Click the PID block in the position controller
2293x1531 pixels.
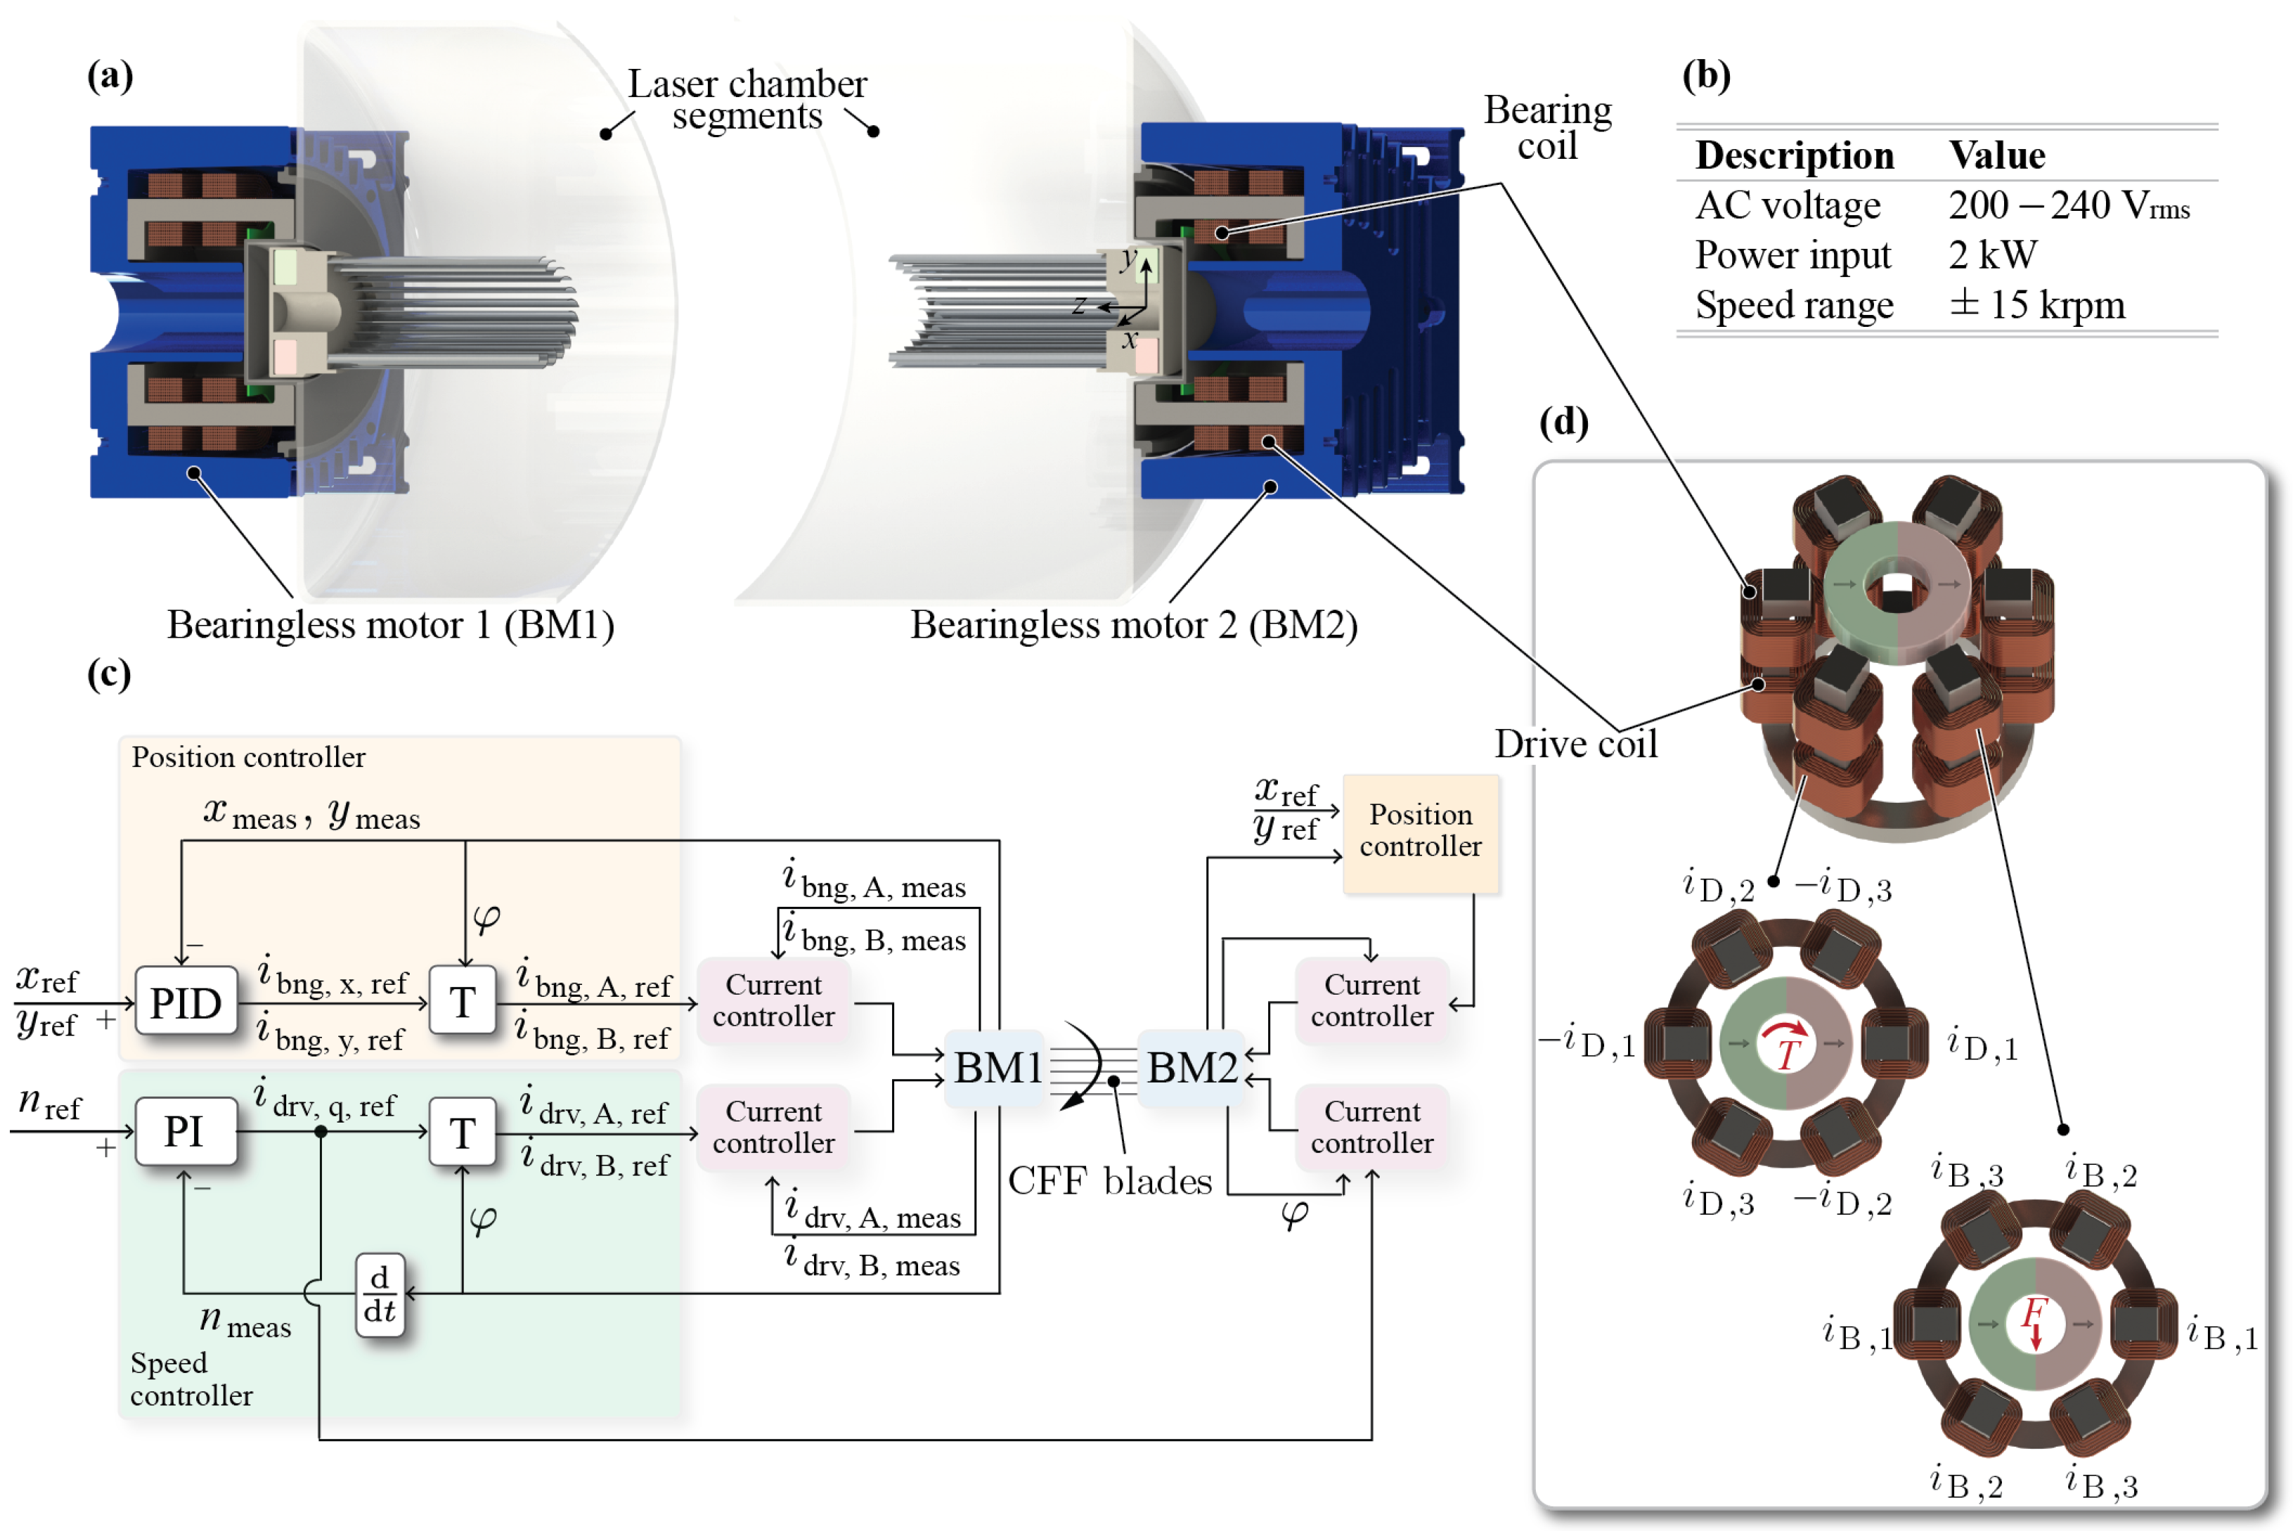coord(186,1002)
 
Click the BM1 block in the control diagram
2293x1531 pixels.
coord(995,1067)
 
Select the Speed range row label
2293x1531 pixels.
coord(1794,306)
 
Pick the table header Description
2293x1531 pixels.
coord(1794,155)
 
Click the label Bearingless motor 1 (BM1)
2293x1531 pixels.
coord(390,625)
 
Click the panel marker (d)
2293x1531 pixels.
coord(1564,422)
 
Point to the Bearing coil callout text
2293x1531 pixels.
coord(1547,128)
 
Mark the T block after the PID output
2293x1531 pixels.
coord(463,1002)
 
